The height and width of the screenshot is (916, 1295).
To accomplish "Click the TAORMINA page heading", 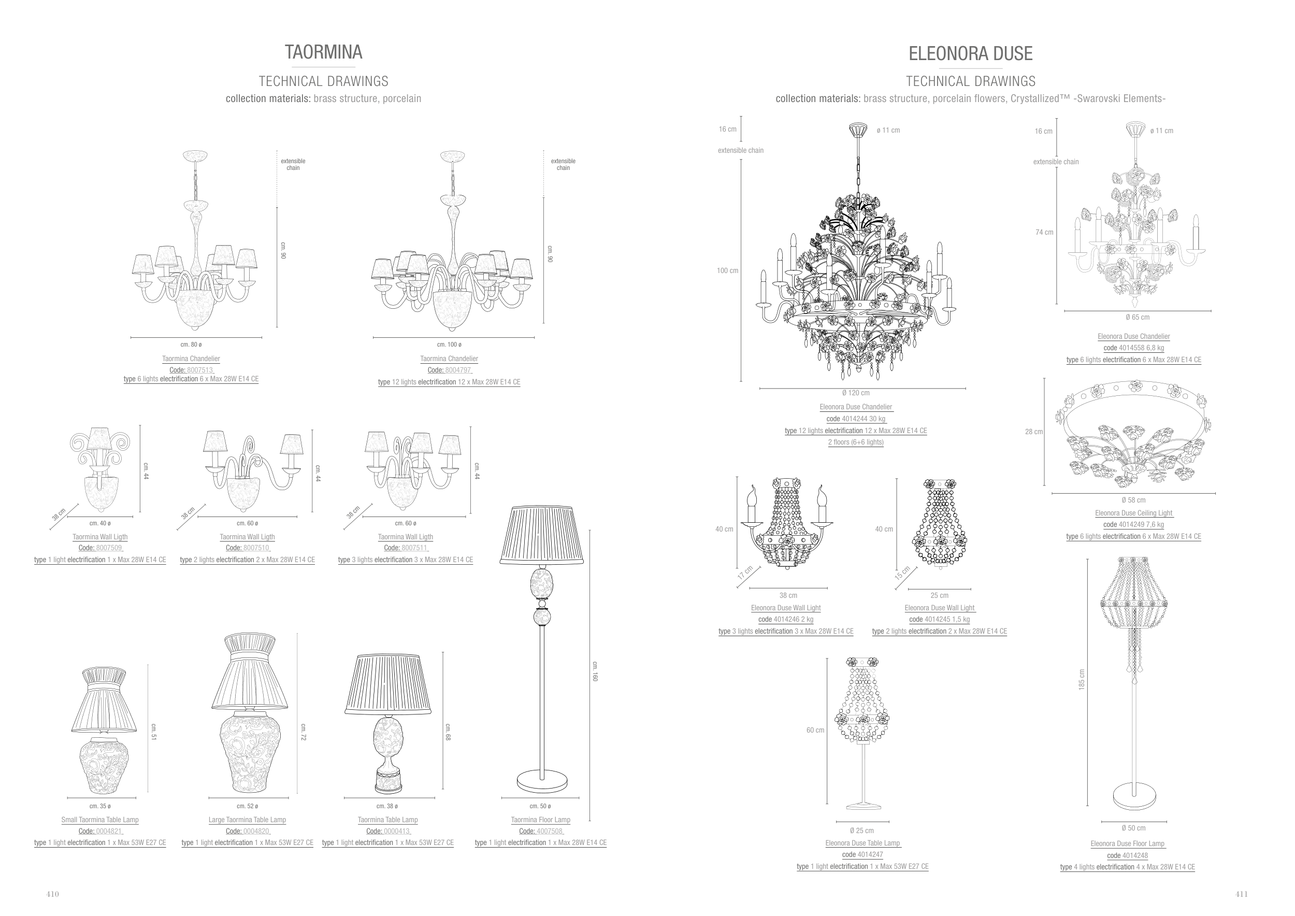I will pos(323,52).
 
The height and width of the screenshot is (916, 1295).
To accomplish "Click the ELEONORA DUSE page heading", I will pos(970,53).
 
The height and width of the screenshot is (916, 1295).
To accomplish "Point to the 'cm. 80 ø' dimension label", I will pos(191,345).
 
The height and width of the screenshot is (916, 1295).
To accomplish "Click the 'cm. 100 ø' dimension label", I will pos(449,345).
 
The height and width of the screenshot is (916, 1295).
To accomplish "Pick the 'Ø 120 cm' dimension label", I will pos(856,393).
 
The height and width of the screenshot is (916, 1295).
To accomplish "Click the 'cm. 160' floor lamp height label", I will pos(595,671).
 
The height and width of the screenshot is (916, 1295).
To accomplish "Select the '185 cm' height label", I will pos(1081,679).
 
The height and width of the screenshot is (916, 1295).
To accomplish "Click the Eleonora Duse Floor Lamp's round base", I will pos(1134,796).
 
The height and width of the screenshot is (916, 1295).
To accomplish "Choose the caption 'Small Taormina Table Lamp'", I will pos(100,820).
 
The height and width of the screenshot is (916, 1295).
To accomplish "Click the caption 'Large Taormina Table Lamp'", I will pos(247,820).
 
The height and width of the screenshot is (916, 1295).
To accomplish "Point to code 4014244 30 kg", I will pos(856,419).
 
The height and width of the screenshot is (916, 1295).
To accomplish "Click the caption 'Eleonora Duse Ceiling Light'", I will pos(1133,513).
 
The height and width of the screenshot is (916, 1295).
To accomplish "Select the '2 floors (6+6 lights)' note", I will pos(856,442).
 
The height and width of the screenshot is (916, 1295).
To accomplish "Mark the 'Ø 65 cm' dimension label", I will pos(1137,317).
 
